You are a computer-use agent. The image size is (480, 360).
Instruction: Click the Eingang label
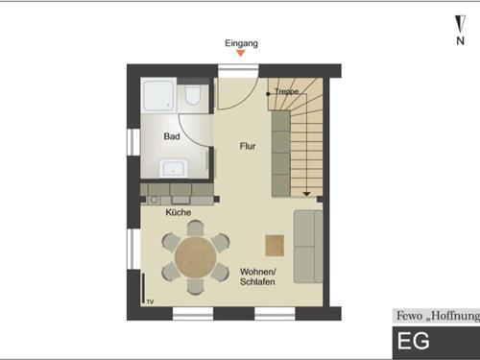point(241,43)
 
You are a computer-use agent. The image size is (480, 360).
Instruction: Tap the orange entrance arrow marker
point(241,53)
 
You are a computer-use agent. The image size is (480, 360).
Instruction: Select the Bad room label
point(172,136)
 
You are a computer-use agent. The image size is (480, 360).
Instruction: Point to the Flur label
point(248,146)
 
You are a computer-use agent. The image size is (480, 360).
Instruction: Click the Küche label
point(179,212)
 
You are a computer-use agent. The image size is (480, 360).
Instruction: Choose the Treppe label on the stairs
point(287,92)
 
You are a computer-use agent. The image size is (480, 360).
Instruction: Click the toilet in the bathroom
point(193,95)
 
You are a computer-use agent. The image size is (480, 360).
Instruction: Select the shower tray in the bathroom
point(158,95)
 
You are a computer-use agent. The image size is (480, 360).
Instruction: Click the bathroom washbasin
point(173,168)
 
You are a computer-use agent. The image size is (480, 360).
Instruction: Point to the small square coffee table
point(275,246)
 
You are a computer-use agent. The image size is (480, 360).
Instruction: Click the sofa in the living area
point(308,247)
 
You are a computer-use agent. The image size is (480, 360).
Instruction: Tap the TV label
point(150,301)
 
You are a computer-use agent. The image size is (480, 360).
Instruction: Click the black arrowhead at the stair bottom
point(306,194)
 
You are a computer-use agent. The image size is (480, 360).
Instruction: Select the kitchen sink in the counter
point(180,200)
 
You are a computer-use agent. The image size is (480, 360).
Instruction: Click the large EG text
point(413,341)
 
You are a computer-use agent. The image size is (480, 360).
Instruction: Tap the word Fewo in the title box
point(409,316)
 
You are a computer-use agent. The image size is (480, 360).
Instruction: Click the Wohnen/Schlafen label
point(257,276)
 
